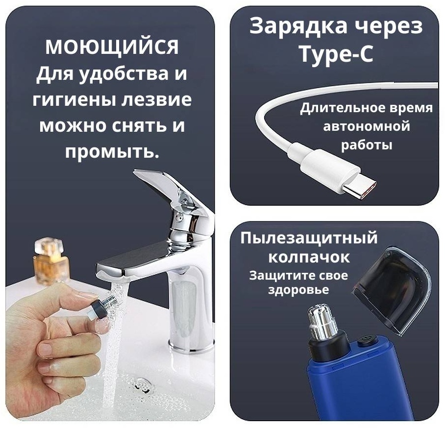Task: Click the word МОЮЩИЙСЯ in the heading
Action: coord(112,47)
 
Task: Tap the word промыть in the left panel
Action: coord(111,152)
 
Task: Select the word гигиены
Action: coord(74,100)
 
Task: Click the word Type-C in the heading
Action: coord(336,53)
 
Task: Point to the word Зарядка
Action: coord(298,26)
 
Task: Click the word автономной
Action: coord(367,126)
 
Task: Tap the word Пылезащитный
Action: coord(309,238)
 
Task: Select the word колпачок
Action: coord(309,258)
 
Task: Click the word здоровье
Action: coord(298,290)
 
